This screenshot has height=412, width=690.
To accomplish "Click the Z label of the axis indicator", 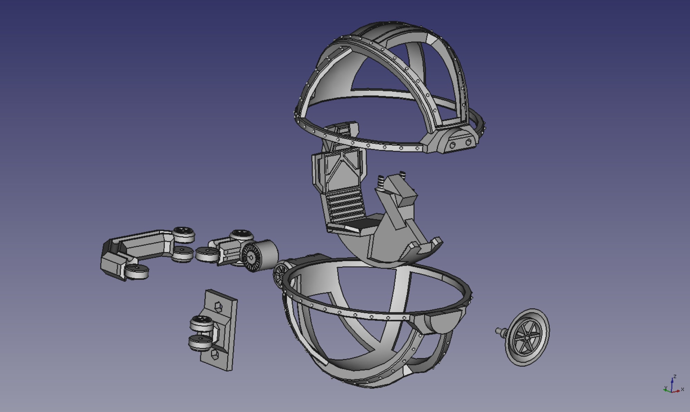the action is [674, 376].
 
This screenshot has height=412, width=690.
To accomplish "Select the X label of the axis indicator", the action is [682, 390].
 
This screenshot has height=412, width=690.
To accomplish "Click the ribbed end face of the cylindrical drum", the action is [251, 257].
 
